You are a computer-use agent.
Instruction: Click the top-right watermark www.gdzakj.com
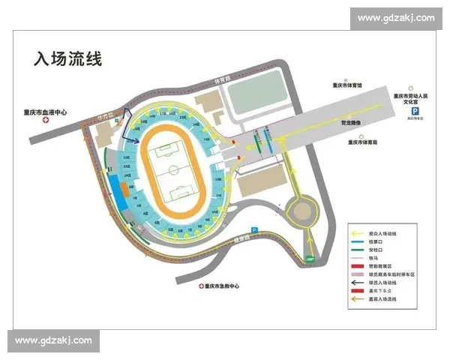pyautogui.click(x=396, y=18)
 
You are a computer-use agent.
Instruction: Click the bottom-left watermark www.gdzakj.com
pyautogui.click(x=53, y=340)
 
